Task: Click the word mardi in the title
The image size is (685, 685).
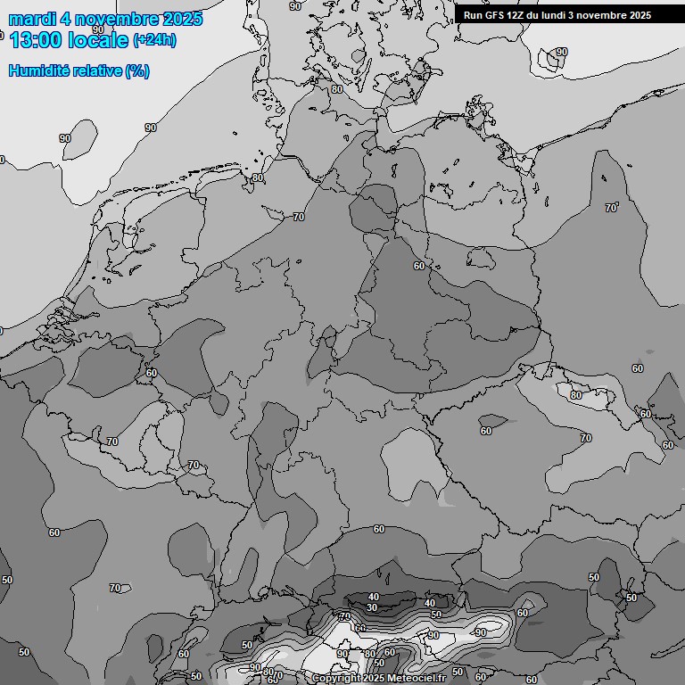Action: (32, 19)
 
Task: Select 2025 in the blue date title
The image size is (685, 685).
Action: (181, 19)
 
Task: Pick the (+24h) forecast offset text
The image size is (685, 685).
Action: (154, 40)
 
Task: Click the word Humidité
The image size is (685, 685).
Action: (38, 71)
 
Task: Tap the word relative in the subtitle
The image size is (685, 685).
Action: (96, 71)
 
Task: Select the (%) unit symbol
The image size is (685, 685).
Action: (137, 71)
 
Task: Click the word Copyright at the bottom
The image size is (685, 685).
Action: (336, 679)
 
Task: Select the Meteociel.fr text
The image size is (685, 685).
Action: (422, 679)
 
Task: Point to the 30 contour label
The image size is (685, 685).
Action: (372, 607)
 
